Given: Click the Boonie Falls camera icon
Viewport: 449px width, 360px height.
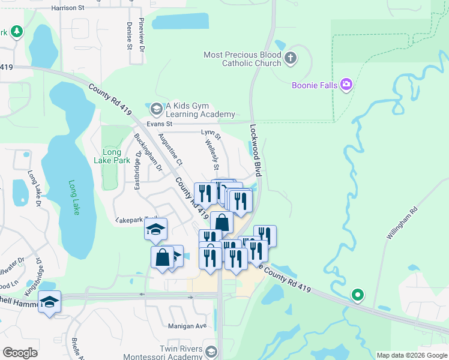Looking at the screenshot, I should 346,85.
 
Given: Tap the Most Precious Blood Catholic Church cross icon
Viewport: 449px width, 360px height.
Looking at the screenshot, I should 291,59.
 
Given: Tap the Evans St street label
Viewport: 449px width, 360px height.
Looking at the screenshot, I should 160,124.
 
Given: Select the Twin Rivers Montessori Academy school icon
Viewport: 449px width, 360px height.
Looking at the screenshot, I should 210,351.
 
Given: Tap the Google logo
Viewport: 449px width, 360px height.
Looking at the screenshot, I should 20,353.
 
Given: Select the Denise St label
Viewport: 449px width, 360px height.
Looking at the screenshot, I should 129,35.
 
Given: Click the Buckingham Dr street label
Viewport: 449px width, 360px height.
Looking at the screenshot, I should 148,152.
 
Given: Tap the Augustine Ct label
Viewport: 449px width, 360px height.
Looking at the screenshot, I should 170,150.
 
